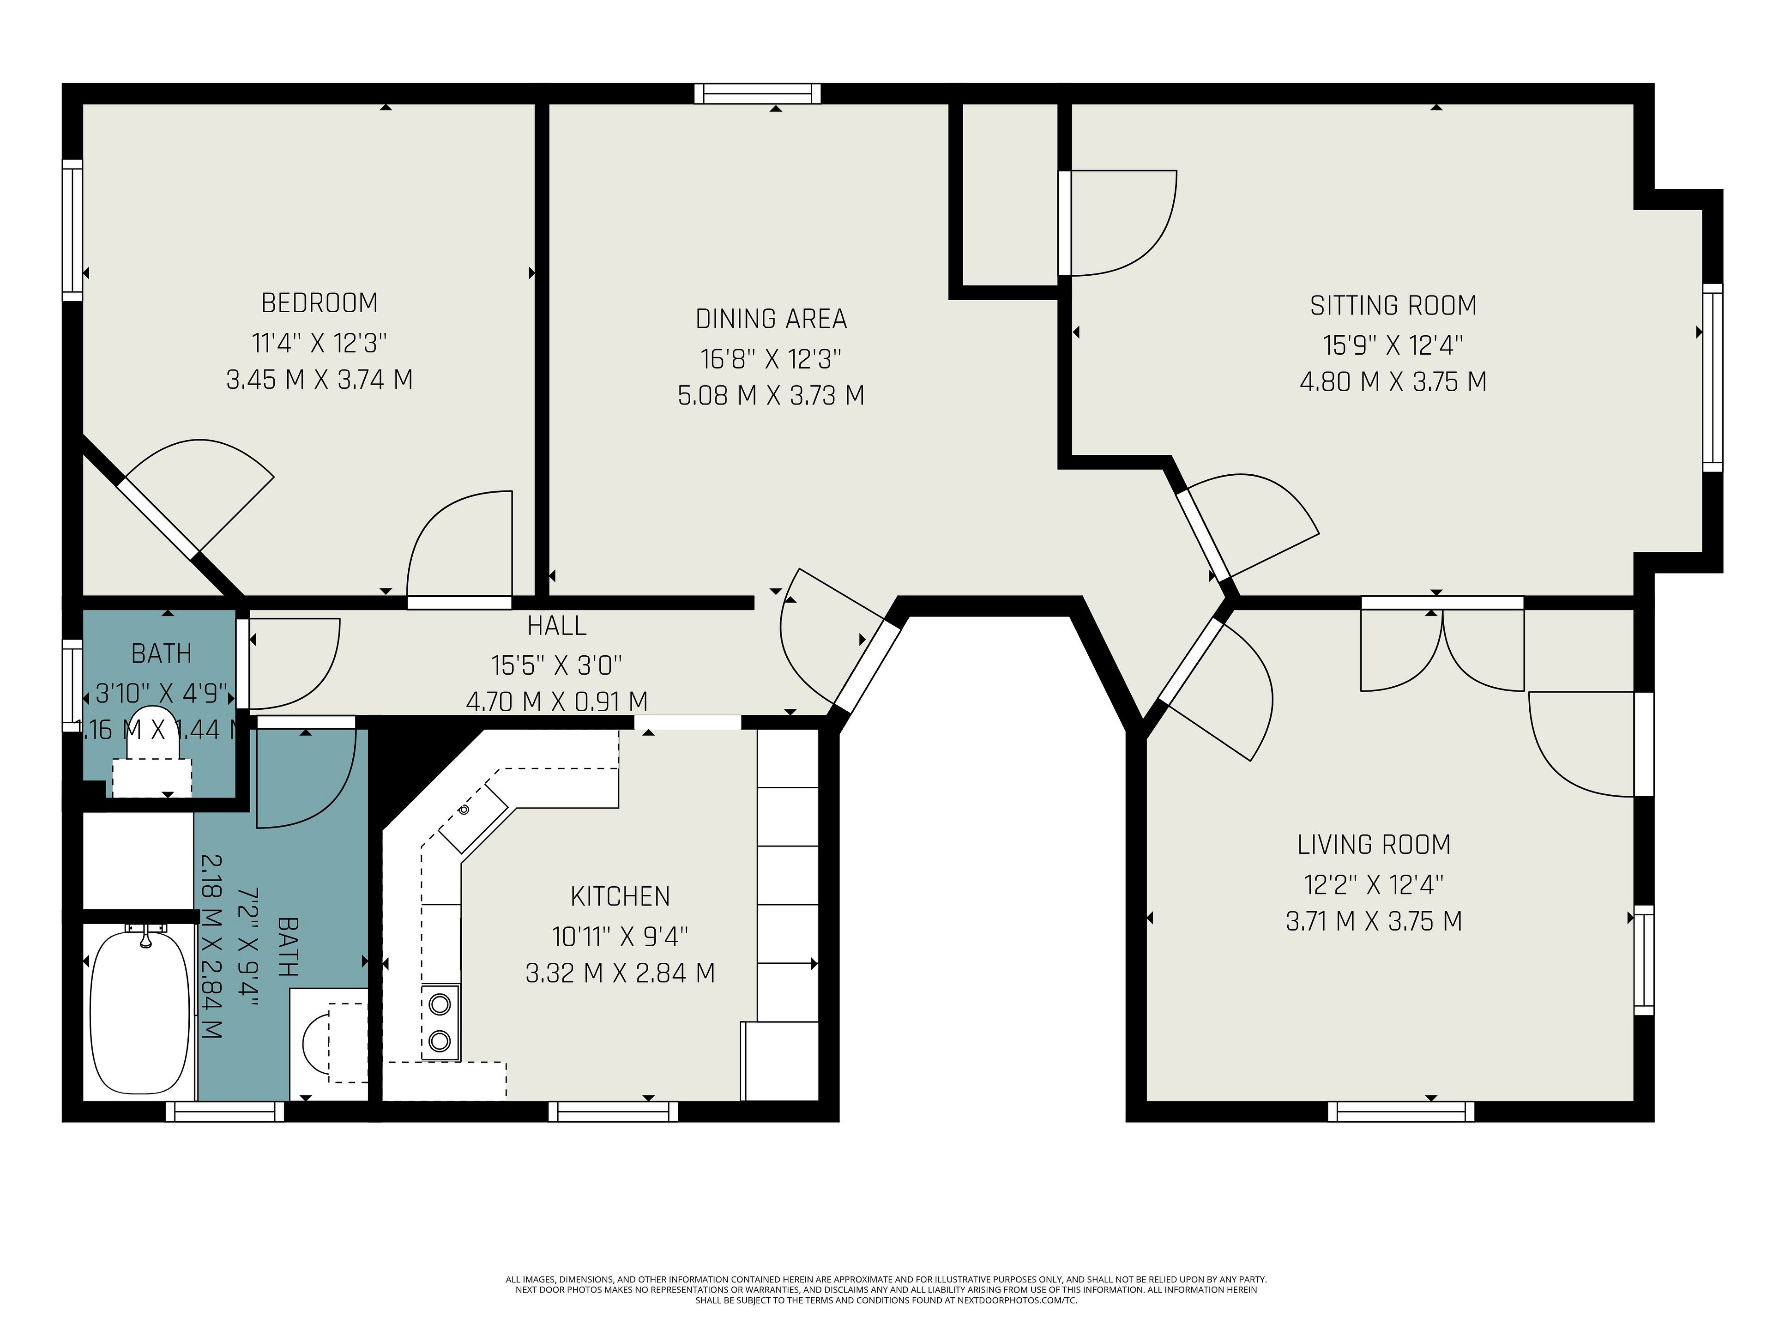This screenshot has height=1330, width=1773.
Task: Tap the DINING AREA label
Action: click(771, 319)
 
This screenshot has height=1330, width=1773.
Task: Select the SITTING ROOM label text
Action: click(1393, 305)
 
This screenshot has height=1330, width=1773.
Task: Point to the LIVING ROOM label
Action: click(1374, 844)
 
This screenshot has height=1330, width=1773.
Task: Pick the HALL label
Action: click(557, 625)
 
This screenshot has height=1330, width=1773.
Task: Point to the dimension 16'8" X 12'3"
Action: click(771, 358)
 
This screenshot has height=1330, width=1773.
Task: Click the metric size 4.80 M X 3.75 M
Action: click(1393, 381)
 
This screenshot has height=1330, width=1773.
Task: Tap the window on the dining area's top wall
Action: click(758, 94)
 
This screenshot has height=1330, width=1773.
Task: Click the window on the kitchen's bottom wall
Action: click(613, 1111)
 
